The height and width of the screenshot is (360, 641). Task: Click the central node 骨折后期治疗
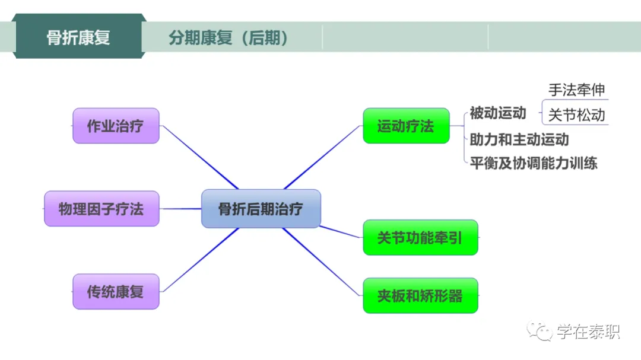[261, 209]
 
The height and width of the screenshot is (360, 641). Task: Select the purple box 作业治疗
[116, 126]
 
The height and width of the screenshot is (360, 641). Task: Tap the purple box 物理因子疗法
[101, 209]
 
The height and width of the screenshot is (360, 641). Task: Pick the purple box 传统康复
[116, 292]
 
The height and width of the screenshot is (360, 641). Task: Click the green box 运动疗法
[406, 126]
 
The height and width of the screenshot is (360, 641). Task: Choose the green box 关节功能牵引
[420, 238]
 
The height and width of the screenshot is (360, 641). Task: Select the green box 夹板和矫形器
[420, 295]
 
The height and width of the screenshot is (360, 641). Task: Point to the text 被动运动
[498, 113]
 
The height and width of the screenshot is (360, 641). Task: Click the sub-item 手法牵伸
[576, 90]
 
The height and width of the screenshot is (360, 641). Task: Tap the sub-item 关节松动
[576, 114]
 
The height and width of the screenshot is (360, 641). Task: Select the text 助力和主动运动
[519, 139]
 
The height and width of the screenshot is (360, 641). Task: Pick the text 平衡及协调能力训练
[534, 163]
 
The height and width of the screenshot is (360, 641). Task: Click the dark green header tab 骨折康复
[78, 37]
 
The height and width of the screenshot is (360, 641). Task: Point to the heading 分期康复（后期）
[229, 38]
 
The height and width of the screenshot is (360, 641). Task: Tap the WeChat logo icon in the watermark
[541, 332]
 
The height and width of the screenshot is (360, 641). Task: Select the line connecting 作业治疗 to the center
[199, 157]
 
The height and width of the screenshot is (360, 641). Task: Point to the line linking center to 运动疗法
[323, 157]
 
